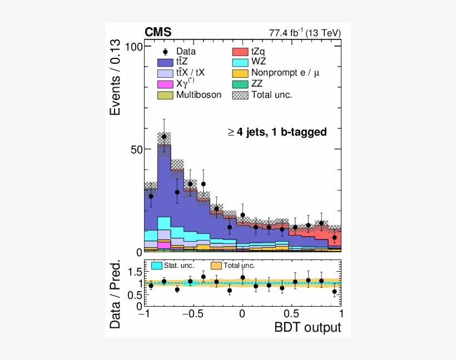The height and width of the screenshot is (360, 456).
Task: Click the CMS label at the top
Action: tap(158, 32)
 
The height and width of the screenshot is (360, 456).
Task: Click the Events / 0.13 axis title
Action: tap(115, 78)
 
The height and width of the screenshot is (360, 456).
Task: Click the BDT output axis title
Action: tap(308, 328)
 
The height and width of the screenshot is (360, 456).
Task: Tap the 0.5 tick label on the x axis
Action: tap(291, 313)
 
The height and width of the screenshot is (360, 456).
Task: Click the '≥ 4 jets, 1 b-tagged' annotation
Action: tap(276, 132)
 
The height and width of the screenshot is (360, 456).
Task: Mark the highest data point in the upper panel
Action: tap(164, 136)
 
